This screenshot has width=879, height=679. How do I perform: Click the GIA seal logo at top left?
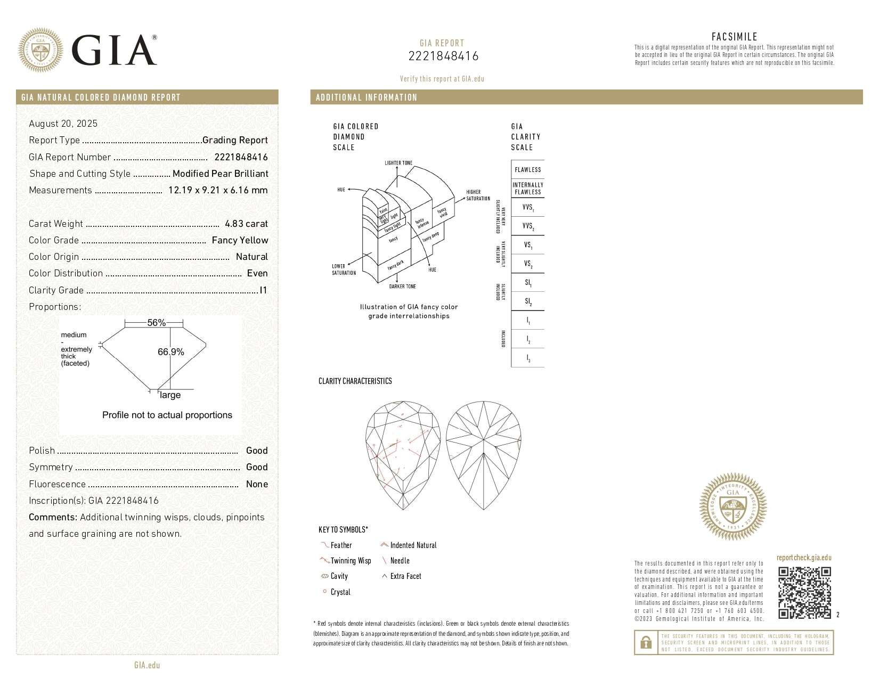click(x=40, y=50)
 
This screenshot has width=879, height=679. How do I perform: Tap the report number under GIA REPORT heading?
click(x=443, y=56)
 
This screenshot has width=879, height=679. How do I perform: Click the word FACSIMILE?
click(x=734, y=37)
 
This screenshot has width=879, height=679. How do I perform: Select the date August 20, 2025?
click(x=63, y=124)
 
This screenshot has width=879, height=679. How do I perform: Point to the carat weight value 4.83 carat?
click(x=246, y=224)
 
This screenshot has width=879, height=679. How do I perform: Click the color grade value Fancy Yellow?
click(x=240, y=240)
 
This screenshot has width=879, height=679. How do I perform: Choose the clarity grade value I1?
click(x=263, y=290)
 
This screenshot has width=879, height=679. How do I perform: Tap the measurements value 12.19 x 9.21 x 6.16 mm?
click(x=218, y=190)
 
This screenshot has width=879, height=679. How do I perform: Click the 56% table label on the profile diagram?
click(x=156, y=323)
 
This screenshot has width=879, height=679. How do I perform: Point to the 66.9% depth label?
click(x=171, y=352)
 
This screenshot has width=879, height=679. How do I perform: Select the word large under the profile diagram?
click(x=170, y=395)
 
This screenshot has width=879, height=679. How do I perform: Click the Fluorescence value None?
click(x=257, y=484)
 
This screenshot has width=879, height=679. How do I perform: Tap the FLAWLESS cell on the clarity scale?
click(x=527, y=170)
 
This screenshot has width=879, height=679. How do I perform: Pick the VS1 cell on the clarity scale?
click(x=527, y=246)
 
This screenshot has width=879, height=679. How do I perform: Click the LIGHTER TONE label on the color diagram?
click(x=398, y=163)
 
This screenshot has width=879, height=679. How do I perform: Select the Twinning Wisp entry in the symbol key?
click(x=350, y=561)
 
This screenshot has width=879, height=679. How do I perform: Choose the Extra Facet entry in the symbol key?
click(x=405, y=576)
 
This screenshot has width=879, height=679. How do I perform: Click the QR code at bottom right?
click(x=804, y=593)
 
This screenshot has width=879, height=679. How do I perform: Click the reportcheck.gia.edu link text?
click(x=803, y=558)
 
